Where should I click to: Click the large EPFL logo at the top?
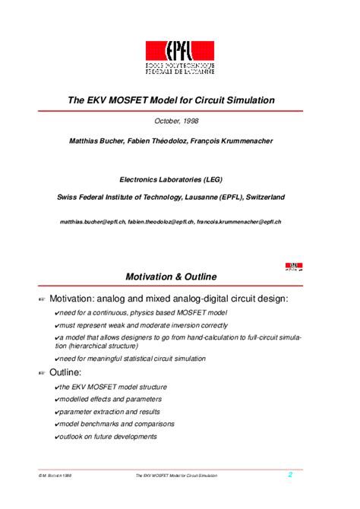[x=180, y=57]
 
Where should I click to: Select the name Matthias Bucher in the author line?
[x=96, y=141]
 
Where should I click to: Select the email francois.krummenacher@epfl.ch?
[x=238, y=221]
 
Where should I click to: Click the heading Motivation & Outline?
[x=172, y=277]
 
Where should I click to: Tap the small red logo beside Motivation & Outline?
[x=293, y=267]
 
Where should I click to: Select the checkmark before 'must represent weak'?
[x=58, y=325]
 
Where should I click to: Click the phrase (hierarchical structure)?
[x=94, y=346]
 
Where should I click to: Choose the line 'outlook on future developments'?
[x=107, y=436]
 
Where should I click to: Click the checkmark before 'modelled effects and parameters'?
[x=58, y=399]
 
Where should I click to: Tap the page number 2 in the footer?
[x=289, y=475]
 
